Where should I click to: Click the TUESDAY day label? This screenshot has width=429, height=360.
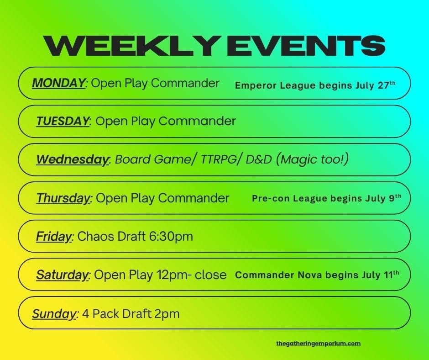pos(63,121)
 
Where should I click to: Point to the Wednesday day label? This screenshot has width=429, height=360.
pos(73,159)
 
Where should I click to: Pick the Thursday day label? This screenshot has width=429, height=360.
pos(63,198)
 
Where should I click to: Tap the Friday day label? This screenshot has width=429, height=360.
pos(54,237)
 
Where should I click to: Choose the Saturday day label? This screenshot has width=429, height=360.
pos(63,275)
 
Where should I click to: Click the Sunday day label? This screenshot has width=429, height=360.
pos(54,314)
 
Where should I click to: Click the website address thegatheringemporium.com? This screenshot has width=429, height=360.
pos(319,343)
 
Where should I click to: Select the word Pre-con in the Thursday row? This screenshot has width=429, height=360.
pos(271,198)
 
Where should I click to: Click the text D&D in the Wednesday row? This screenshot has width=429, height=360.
pos(259,159)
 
